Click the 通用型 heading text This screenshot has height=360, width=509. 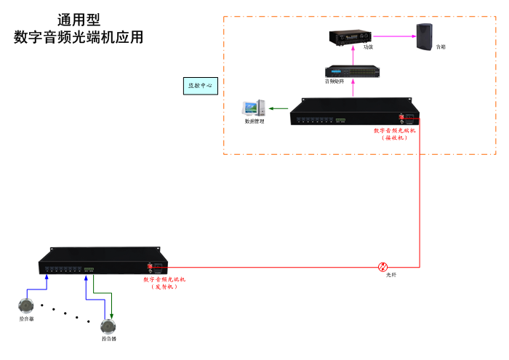79,20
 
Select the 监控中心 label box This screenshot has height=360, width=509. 200,85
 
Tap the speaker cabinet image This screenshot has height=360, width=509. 425,36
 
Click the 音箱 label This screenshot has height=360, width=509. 441,47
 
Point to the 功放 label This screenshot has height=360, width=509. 369,47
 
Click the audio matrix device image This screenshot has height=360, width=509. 353,71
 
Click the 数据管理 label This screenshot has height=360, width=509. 254,121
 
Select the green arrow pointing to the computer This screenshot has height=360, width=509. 278,109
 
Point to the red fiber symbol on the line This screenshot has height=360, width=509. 383,267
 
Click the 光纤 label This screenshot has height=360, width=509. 391,276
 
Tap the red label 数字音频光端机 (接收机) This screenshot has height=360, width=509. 394,134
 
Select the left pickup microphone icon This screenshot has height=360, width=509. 27,305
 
